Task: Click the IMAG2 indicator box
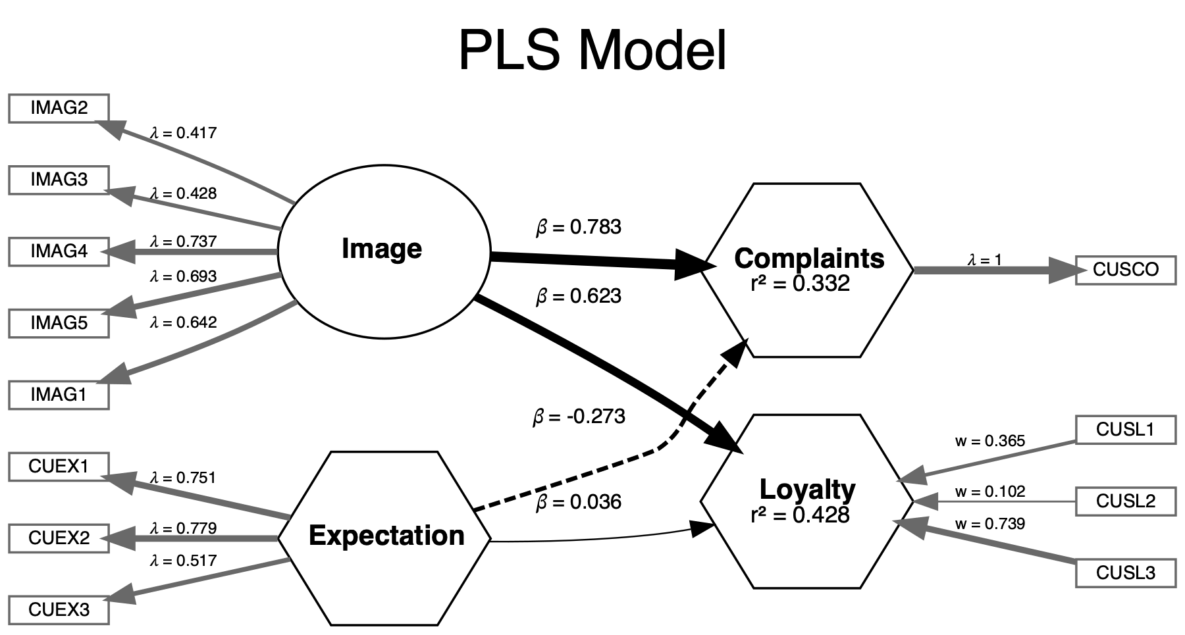click(x=59, y=108)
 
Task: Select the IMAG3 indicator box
click(x=59, y=180)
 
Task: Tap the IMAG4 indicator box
click(x=59, y=251)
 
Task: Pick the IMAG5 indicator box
click(x=59, y=323)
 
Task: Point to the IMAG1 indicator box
click(x=59, y=395)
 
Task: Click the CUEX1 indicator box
click(x=59, y=467)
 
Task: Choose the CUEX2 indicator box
click(x=59, y=538)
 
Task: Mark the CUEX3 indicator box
click(x=59, y=610)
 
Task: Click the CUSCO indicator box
click(x=1125, y=270)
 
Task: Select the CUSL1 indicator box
click(x=1125, y=430)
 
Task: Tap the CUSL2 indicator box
click(x=1125, y=501)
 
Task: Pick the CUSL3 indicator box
click(x=1125, y=573)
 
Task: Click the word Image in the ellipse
click(x=382, y=249)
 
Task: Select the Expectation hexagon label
click(x=386, y=536)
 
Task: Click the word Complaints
click(x=809, y=259)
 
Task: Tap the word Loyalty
click(x=807, y=490)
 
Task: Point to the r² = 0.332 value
click(x=800, y=284)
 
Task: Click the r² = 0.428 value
click(x=800, y=515)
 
